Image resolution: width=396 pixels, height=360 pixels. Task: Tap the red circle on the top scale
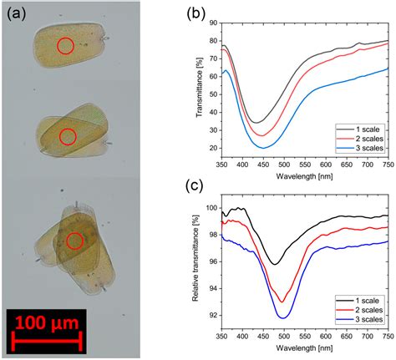pos(65,47)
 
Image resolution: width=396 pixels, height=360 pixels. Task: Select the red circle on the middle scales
pos(69,136)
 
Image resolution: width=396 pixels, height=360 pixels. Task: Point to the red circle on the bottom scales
pos(75,241)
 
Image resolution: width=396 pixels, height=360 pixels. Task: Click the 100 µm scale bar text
pos(45,320)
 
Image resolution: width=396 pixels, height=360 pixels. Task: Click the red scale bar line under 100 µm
pos(45,338)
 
